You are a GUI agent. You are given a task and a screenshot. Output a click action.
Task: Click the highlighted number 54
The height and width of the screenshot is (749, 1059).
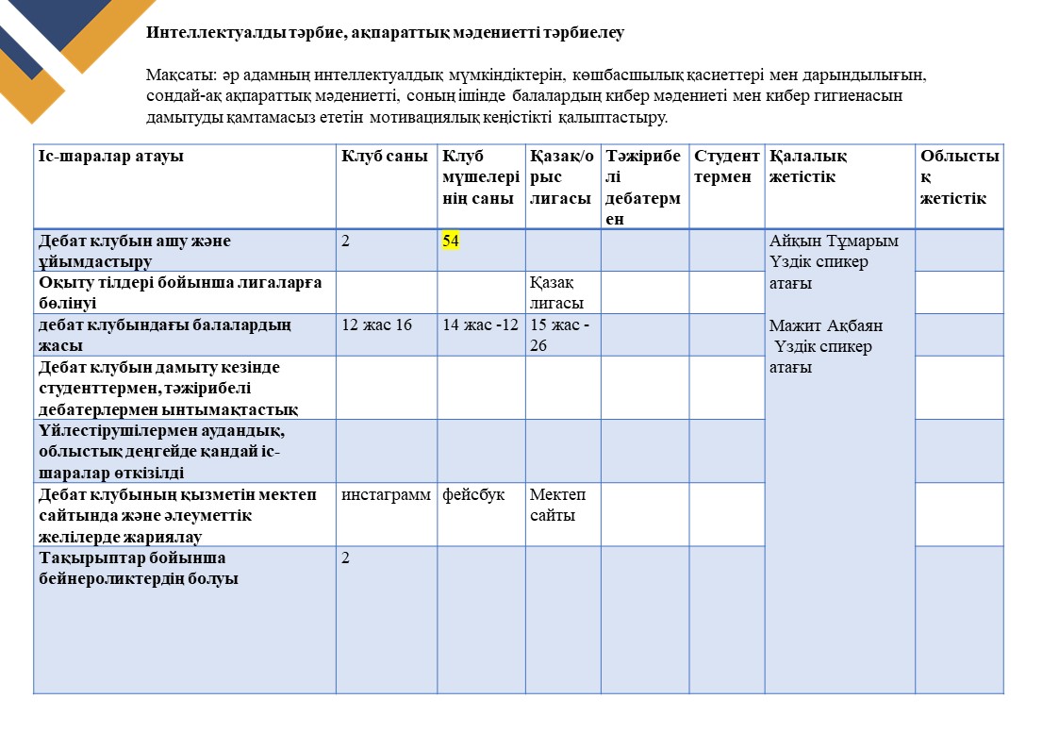pos(451,241)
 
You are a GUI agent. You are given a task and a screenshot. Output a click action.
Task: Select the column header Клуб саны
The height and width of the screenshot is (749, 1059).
pos(385,157)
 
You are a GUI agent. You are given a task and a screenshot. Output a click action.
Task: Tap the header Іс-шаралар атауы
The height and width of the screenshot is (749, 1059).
pos(111,157)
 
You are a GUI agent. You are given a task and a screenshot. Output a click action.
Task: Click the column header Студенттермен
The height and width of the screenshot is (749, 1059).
pos(726,166)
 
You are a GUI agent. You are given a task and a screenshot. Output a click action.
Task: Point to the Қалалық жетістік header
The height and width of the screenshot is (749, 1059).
pos(808,166)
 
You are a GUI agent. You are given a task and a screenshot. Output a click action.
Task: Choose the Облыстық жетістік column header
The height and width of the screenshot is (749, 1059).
pos(959,176)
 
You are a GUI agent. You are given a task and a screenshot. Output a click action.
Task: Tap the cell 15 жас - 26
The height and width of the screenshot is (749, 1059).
pos(562,335)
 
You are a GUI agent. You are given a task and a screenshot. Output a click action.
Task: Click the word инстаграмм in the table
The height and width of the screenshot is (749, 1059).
pos(387,495)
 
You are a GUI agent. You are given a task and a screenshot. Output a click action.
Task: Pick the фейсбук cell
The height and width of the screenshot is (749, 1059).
pos(473,495)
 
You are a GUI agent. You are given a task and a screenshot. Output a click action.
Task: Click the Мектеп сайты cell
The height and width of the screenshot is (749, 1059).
pos(558,505)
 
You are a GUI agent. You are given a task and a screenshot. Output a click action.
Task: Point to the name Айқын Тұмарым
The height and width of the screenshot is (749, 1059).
pos(835,241)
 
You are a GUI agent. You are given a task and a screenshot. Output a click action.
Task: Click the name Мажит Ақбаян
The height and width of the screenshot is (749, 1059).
pos(827,326)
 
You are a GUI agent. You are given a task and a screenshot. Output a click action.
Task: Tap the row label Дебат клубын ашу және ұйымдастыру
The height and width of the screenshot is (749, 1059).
pos(135,250)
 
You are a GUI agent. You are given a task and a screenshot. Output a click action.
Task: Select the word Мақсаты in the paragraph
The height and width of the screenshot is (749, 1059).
pos(175,74)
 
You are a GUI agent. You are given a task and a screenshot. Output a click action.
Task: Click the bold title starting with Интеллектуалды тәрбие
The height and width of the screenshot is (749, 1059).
pos(385,33)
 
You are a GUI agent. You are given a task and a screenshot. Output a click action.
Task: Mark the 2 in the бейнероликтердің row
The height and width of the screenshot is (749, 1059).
pos(346,558)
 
